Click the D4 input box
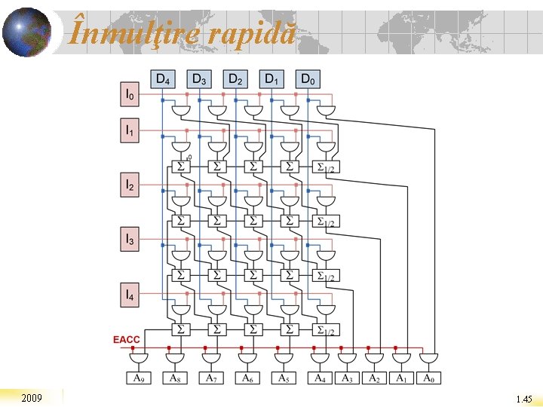(x=162, y=78)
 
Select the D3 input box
(x=199, y=78)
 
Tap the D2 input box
(x=235, y=78)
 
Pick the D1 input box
(x=271, y=78)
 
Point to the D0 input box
(x=308, y=78)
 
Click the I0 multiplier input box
(x=130, y=95)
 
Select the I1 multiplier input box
(x=130, y=131)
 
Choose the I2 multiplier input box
(x=130, y=185)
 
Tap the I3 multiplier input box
(x=130, y=240)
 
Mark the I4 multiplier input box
(x=130, y=294)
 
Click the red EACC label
(x=126, y=340)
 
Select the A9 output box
(x=139, y=378)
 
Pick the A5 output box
(x=284, y=378)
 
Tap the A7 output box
(x=211, y=378)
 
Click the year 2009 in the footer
(x=32, y=397)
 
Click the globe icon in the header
(x=26, y=32)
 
